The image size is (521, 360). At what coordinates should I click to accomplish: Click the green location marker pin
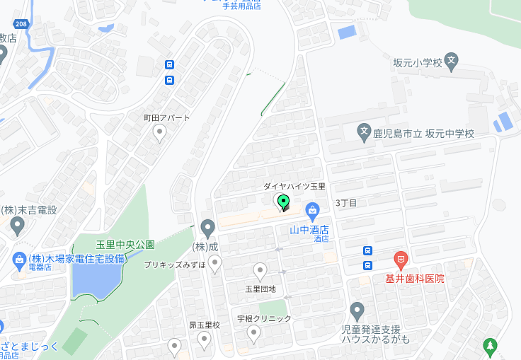click(284, 202)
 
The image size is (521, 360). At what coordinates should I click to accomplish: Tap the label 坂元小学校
click(418, 62)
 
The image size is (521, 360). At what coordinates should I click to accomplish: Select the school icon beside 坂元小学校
click(452, 62)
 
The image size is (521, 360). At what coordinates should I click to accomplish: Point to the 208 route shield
click(22, 24)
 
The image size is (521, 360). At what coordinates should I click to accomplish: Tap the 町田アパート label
click(166, 117)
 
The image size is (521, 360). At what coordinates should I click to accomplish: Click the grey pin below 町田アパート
click(160, 132)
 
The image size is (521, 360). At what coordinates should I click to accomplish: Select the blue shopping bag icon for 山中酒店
click(312, 210)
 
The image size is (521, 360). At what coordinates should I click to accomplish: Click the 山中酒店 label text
click(309, 228)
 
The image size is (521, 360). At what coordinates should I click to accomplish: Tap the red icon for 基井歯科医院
click(401, 260)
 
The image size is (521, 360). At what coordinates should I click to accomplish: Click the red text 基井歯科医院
click(415, 279)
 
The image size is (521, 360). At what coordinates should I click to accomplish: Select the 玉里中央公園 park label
click(125, 245)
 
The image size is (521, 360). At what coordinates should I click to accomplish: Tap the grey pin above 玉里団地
click(260, 270)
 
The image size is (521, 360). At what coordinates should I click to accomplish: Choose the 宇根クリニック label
click(264, 318)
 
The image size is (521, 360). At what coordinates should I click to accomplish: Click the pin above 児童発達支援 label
click(357, 310)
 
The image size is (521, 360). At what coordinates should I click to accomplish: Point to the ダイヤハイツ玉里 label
click(294, 186)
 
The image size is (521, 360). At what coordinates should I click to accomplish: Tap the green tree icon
click(489, 345)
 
